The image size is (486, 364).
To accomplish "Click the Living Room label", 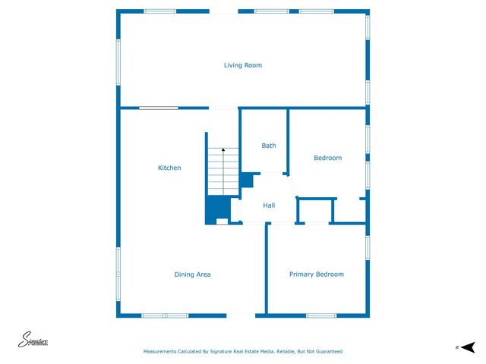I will click(x=243, y=65).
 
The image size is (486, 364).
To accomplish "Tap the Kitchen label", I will click(x=169, y=168).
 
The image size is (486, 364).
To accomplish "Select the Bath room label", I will click(x=269, y=146).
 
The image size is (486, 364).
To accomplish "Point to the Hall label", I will click(x=269, y=206).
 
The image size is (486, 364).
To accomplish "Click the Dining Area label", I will click(x=192, y=275).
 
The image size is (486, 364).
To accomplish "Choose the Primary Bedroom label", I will click(x=317, y=275).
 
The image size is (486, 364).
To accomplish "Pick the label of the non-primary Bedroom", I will click(x=328, y=158).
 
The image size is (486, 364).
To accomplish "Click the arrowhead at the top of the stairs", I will click(x=223, y=151).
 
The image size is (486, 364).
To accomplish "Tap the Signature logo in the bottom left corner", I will click(x=34, y=340).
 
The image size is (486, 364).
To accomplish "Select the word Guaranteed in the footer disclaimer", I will click(x=326, y=352).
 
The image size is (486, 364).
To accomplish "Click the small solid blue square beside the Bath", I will click(x=246, y=180).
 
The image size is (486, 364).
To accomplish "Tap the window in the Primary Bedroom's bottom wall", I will click(x=321, y=315).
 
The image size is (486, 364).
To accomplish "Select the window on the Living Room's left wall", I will click(x=118, y=62).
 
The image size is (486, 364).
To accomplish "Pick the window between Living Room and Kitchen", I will click(x=158, y=108).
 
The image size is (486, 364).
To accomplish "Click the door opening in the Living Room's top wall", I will click(x=225, y=11).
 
